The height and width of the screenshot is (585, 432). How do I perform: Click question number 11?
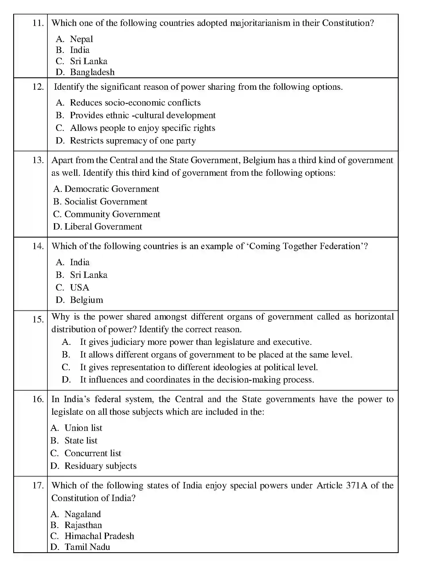pyautogui.click(x=38, y=23)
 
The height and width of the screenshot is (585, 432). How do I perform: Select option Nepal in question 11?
pyautogui.click(x=81, y=39)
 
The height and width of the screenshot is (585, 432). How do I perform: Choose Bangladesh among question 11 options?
pyautogui.click(x=92, y=72)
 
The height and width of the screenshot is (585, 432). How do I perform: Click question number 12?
pyautogui.click(x=38, y=87)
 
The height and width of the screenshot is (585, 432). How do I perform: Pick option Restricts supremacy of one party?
pyautogui.click(x=133, y=141)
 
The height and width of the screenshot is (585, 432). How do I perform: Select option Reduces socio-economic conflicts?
pyautogui.click(x=135, y=103)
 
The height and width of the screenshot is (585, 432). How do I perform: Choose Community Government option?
pyautogui.click(x=112, y=214)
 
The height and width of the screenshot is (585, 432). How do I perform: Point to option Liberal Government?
pyautogui.click(x=103, y=227)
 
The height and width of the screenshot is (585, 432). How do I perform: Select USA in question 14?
pyautogui.click(x=80, y=287)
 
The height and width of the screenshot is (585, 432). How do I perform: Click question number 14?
pyautogui.click(x=38, y=246)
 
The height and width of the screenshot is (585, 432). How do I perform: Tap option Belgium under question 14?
pyautogui.click(x=86, y=300)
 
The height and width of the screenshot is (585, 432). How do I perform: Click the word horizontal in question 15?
pyautogui.click(x=374, y=317)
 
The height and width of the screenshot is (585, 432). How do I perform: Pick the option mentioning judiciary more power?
pyautogui.click(x=195, y=342)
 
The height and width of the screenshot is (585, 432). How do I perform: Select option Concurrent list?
pyautogui.click(x=92, y=453)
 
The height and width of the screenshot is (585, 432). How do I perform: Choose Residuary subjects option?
pyautogui.click(x=100, y=466)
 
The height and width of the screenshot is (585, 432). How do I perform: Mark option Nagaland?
pyautogui.click(x=82, y=514)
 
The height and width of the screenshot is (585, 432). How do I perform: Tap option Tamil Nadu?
pyautogui.click(x=87, y=547)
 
